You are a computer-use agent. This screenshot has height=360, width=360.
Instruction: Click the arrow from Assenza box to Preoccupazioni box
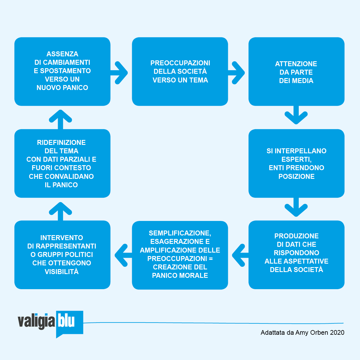pos(120,73)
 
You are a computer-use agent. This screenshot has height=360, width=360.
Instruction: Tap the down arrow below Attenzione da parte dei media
pos(296,116)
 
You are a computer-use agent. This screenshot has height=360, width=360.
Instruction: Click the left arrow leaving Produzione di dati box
pos(240,255)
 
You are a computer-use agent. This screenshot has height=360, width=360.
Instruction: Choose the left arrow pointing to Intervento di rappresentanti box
pos(123,255)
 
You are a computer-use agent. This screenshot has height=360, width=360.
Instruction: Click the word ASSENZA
pos(62,54)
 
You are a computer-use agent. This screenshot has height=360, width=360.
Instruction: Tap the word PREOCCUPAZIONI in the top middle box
pos(180,63)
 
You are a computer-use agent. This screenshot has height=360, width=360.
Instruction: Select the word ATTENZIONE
pos(296,64)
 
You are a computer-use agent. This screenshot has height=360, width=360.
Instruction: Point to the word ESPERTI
pos(296,159)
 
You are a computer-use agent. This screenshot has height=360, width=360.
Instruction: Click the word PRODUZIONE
pos(296,236)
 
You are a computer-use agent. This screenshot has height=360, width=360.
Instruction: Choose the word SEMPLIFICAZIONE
pos(180,233)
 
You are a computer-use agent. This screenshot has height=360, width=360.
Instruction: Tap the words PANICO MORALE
pos(180,276)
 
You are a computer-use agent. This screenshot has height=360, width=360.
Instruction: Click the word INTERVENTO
pos(62,238)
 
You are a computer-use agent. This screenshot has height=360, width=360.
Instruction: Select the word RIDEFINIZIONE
pos(61,143)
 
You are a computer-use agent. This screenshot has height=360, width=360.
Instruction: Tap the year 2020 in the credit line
pos(337,333)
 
